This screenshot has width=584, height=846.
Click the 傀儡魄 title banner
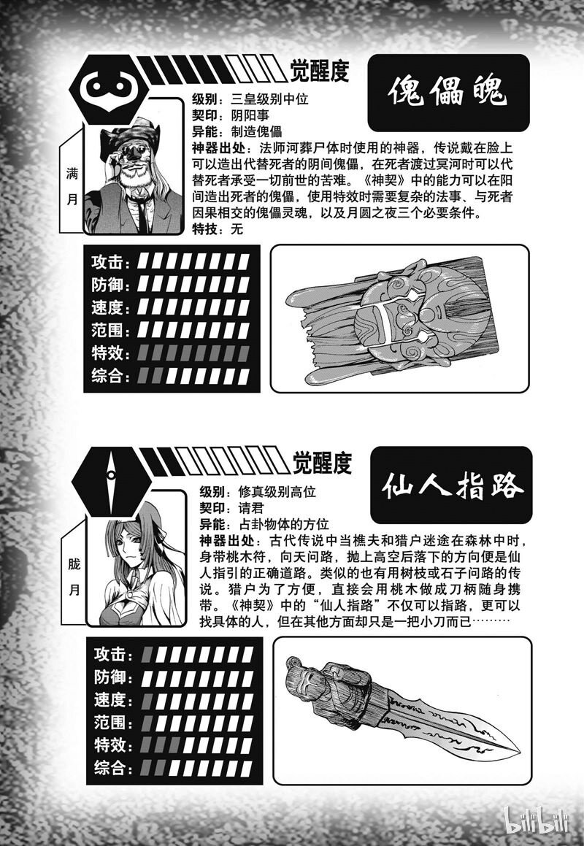tap(447, 92)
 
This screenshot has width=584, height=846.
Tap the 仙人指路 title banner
tap(451, 485)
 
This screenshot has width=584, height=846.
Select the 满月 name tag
tap(72, 186)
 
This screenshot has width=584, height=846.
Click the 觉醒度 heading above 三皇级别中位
tap(320, 71)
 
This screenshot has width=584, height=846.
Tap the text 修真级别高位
tap(277, 492)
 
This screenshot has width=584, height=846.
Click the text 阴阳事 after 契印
tap(250, 115)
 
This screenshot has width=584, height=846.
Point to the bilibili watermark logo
tap(537, 819)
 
